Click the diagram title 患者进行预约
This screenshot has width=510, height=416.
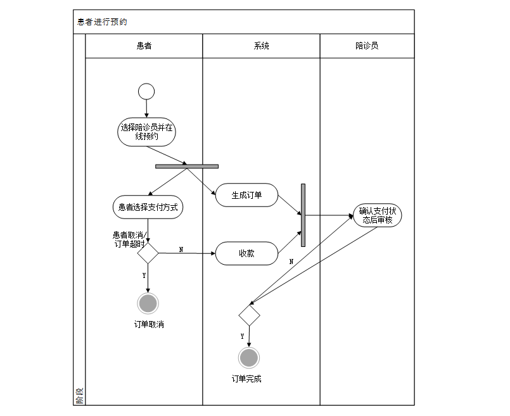click(x=102, y=22)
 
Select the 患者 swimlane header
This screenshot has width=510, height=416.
click(x=144, y=46)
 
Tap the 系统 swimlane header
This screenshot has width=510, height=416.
click(x=261, y=46)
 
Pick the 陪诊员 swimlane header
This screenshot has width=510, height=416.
click(x=367, y=46)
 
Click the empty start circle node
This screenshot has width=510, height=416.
click(x=146, y=91)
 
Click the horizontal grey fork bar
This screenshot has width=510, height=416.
click(x=187, y=167)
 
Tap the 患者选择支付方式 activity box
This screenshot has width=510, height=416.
click(x=148, y=206)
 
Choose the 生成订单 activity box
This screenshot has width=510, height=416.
click(x=246, y=195)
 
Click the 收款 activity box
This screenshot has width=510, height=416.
click(x=246, y=253)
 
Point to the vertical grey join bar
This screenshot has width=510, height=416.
click(x=303, y=215)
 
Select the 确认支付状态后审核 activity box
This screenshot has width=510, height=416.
click(x=378, y=216)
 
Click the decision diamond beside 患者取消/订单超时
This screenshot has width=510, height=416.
click(x=148, y=253)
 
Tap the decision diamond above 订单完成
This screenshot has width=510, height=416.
click(x=249, y=315)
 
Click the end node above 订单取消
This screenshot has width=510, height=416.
click(x=148, y=303)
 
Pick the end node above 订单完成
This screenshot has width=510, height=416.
click(x=249, y=358)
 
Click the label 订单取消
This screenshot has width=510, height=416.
click(x=149, y=324)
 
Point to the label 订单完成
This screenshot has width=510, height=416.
click(x=246, y=379)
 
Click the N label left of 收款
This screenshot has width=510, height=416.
click(x=181, y=249)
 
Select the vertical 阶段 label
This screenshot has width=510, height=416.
click(x=79, y=398)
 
